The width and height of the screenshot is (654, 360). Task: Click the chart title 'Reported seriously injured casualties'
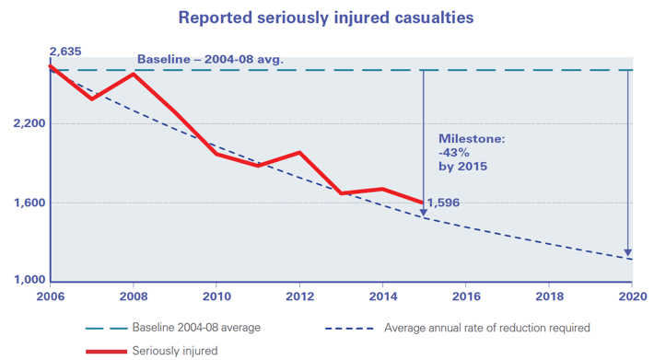click(327, 17)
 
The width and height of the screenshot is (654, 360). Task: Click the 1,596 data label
click(443, 203)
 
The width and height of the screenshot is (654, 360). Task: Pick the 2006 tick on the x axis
click(51, 297)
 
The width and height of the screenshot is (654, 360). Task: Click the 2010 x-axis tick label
click(216, 297)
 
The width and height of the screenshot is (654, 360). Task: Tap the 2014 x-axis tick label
click(382, 297)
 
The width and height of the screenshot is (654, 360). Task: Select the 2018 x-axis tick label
click(548, 297)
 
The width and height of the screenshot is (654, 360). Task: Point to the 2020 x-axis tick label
click(631, 297)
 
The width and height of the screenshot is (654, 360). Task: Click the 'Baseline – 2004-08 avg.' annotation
click(210, 61)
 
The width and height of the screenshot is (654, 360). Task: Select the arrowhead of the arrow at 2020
click(628, 252)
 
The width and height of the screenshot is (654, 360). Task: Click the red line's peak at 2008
click(134, 74)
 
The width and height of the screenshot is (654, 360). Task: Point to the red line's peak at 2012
click(299, 153)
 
